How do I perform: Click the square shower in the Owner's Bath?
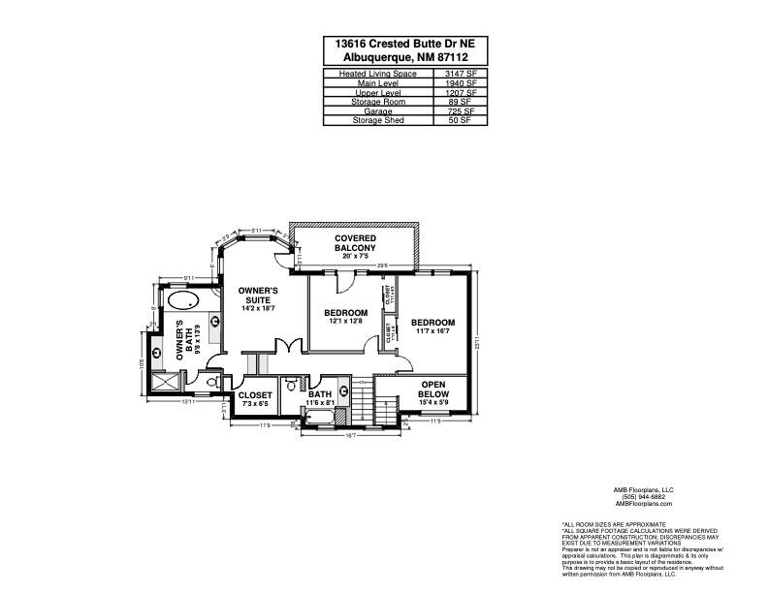[x=164, y=383]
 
